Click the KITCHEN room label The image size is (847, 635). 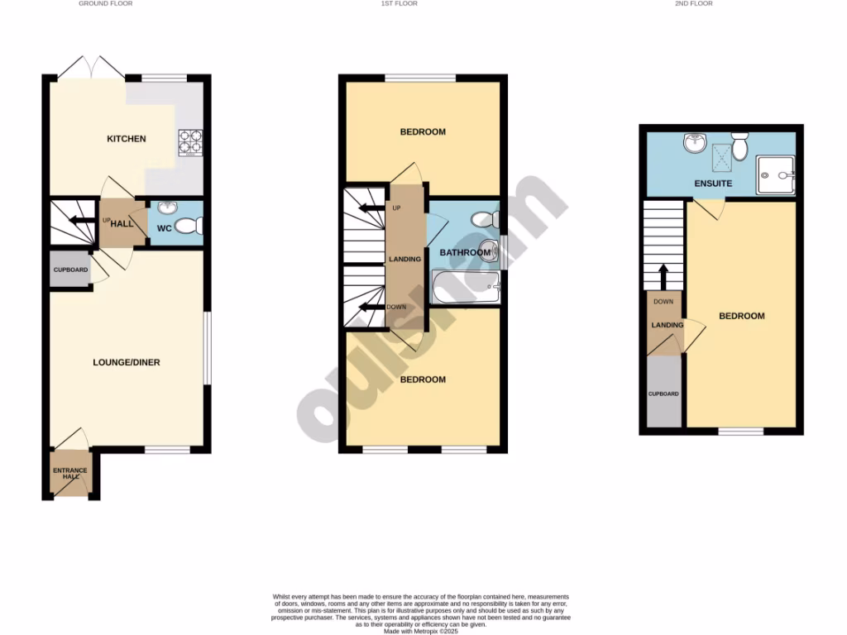click(x=126, y=139)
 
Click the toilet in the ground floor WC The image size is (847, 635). click(x=190, y=225)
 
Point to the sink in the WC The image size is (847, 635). click(x=165, y=208)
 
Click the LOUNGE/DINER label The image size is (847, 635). click(x=126, y=362)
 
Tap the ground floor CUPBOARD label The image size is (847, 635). click(x=70, y=271)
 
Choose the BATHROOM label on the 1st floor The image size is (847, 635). click(x=465, y=252)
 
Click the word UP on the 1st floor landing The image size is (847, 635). click(x=396, y=208)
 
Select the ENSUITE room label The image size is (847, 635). click(x=713, y=184)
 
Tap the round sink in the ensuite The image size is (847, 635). click(x=694, y=145)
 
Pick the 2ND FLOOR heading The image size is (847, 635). click(x=693, y=4)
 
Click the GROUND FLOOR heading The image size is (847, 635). click(x=105, y=4)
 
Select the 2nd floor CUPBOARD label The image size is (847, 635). click(x=663, y=394)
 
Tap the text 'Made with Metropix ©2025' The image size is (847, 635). click(x=422, y=630)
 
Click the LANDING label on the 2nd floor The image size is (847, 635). click(x=668, y=325)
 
